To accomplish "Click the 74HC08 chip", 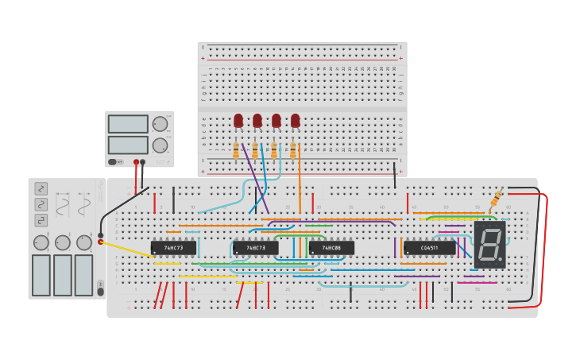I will tap(331, 248).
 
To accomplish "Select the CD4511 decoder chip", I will tap(429, 248).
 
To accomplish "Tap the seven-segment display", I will tap(489, 244).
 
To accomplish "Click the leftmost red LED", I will tap(238, 120).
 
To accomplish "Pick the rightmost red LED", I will tap(296, 120).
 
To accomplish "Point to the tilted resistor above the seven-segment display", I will tap(497, 197).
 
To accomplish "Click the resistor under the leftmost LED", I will tap(236, 149).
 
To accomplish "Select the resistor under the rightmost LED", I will tap(293, 149).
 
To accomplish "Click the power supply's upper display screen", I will tap(128, 124).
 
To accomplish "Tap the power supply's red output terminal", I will tap(136, 162).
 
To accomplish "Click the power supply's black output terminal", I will tap(143, 162).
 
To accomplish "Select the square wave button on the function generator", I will tap(41, 220).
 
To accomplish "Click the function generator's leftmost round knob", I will tap(41, 242).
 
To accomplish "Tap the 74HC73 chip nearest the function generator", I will tap(173, 248).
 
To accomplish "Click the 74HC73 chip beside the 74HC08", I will tap(256, 248).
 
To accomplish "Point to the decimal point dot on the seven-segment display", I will tap(501, 259).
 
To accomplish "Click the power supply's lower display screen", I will tap(128, 145).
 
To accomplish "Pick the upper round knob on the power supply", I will tap(160, 124).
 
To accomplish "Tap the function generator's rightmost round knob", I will tap(84, 242).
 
